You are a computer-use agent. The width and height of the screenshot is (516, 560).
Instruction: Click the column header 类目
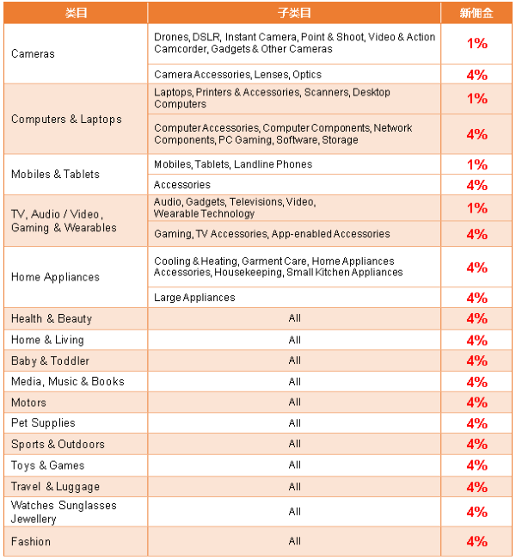pyautogui.click(x=76, y=13)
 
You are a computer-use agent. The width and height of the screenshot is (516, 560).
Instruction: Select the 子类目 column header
pyautogui.click(x=294, y=13)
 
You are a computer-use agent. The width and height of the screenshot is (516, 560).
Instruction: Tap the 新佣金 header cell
pyautogui.click(x=476, y=13)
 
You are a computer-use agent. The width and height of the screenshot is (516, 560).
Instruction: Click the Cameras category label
pyautogui.click(x=33, y=53)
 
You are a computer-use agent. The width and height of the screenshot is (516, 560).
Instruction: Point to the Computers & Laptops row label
pyautogui.click(x=66, y=120)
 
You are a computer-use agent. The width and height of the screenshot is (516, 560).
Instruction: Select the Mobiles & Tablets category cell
pyautogui.click(x=55, y=174)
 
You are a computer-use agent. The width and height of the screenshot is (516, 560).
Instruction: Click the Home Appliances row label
pyautogui.click(x=55, y=277)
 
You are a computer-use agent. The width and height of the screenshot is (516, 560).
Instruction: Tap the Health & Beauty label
pyautogui.click(x=52, y=318)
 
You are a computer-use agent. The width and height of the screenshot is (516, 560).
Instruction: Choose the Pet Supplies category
pyautogui.click(x=43, y=423)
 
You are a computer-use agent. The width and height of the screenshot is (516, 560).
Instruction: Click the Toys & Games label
pyautogui.click(x=47, y=465)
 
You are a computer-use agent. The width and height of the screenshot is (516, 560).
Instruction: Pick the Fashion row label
pyautogui.click(x=31, y=542)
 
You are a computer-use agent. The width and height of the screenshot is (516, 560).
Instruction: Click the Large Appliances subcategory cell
pyautogui.click(x=194, y=298)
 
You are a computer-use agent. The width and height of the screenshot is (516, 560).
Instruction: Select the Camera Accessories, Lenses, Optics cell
pyautogui.click(x=238, y=75)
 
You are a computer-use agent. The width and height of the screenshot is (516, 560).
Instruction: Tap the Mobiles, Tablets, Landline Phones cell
pyautogui.click(x=233, y=164)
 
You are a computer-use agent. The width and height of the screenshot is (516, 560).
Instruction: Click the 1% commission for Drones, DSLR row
pyautogui.click(x=476, y=43)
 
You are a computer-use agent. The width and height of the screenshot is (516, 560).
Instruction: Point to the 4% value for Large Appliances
pyautogui.click(x=476, y=298)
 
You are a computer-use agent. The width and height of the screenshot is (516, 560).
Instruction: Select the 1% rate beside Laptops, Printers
pyautogui.click(x=476, y=98)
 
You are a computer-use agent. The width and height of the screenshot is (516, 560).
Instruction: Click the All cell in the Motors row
pyautogui.click(x=295, y=402)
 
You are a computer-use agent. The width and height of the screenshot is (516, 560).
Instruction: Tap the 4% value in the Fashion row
pyautogui.click(x=476, y=542)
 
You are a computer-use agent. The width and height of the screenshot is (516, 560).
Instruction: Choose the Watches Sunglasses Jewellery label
pyautogui.click(x=64, y=512)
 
